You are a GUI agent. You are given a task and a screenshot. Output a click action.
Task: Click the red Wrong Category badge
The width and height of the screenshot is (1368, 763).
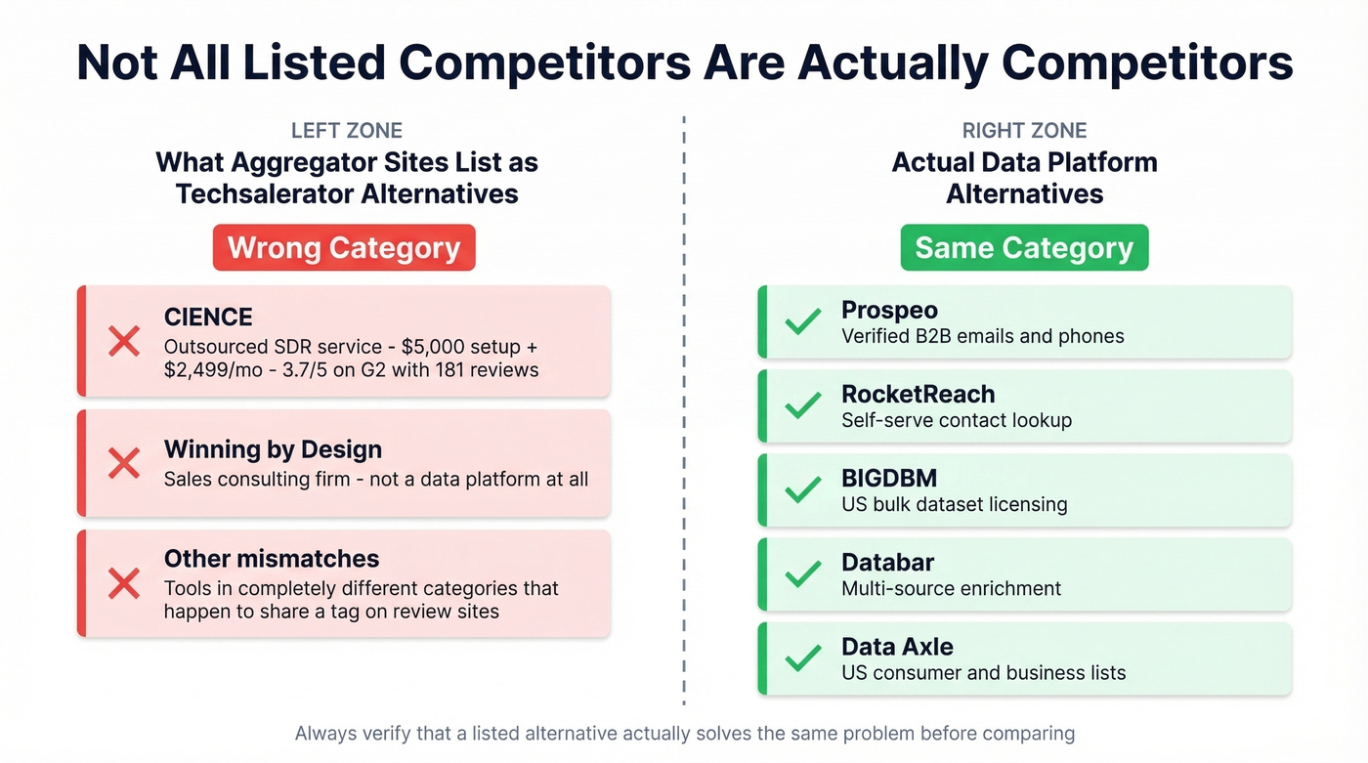tap(344, 248)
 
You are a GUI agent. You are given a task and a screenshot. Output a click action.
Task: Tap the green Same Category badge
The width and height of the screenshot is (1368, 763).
tap(1024, 248)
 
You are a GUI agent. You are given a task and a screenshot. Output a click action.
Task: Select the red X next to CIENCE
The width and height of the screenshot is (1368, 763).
tap(124, 341)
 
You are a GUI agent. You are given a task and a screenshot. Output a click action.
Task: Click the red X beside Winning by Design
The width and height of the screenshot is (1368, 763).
tap(124, 463)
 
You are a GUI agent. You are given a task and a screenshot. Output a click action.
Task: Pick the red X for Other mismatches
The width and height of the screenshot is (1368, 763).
tap(124, 583)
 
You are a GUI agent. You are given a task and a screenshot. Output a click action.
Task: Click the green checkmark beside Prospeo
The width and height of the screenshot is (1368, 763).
tap(803, 321)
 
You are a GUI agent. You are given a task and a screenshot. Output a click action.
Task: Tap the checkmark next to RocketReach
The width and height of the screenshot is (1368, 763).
tap(803, 405)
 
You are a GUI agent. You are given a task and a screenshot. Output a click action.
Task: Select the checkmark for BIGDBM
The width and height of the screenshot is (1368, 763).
tap(803, 490)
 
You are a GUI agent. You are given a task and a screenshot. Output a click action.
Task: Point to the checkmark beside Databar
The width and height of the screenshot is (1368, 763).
tap(803, 574)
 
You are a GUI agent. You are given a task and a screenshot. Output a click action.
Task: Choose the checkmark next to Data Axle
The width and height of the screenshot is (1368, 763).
tap(803, 658)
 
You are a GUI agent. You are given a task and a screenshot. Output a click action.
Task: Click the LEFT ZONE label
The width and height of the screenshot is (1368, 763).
tap(347, 131)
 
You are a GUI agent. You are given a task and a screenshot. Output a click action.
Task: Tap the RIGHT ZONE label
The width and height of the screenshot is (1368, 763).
tap(1024, 131)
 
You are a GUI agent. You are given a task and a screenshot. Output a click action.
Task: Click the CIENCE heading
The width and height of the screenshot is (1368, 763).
tap(208, 317)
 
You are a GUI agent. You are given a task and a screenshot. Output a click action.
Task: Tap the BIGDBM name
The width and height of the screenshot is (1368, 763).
tap(889, 479)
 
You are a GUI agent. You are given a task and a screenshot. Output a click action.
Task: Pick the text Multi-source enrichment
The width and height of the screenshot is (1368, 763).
tap(951, 589)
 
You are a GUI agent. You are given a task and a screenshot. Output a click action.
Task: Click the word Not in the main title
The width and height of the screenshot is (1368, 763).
tap(117, 63)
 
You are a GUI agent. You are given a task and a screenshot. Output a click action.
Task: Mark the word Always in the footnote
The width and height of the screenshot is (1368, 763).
tap(325, 733)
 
